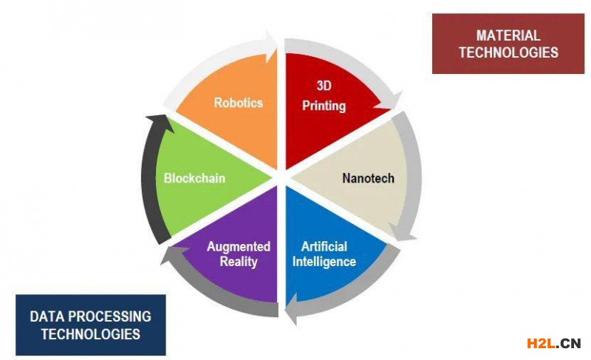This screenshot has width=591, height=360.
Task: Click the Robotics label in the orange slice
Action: (238, 103)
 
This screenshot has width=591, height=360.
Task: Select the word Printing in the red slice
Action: (324, 106)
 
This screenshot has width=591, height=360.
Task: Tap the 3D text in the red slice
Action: (324, 86)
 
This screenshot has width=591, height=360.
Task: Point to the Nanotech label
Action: (368, 178)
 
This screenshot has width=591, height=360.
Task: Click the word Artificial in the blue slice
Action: (324, 247)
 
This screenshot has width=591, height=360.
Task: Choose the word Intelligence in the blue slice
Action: (324, 262)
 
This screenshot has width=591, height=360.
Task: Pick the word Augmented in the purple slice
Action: (239, 247)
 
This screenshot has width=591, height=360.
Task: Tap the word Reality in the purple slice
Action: (239, 262)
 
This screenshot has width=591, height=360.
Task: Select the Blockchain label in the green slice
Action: (194, 178)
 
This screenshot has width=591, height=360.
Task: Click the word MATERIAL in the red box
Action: (508, 35)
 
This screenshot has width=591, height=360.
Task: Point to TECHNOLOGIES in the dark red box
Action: (508, 52)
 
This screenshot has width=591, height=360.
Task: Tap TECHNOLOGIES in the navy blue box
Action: (90, 334)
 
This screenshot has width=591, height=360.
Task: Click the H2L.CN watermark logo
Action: (553, 344)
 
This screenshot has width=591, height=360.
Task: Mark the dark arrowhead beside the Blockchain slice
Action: (160, 123)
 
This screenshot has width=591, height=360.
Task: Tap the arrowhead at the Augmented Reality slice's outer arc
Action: (172, 254)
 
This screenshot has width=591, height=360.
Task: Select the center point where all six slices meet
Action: (281, 177)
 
